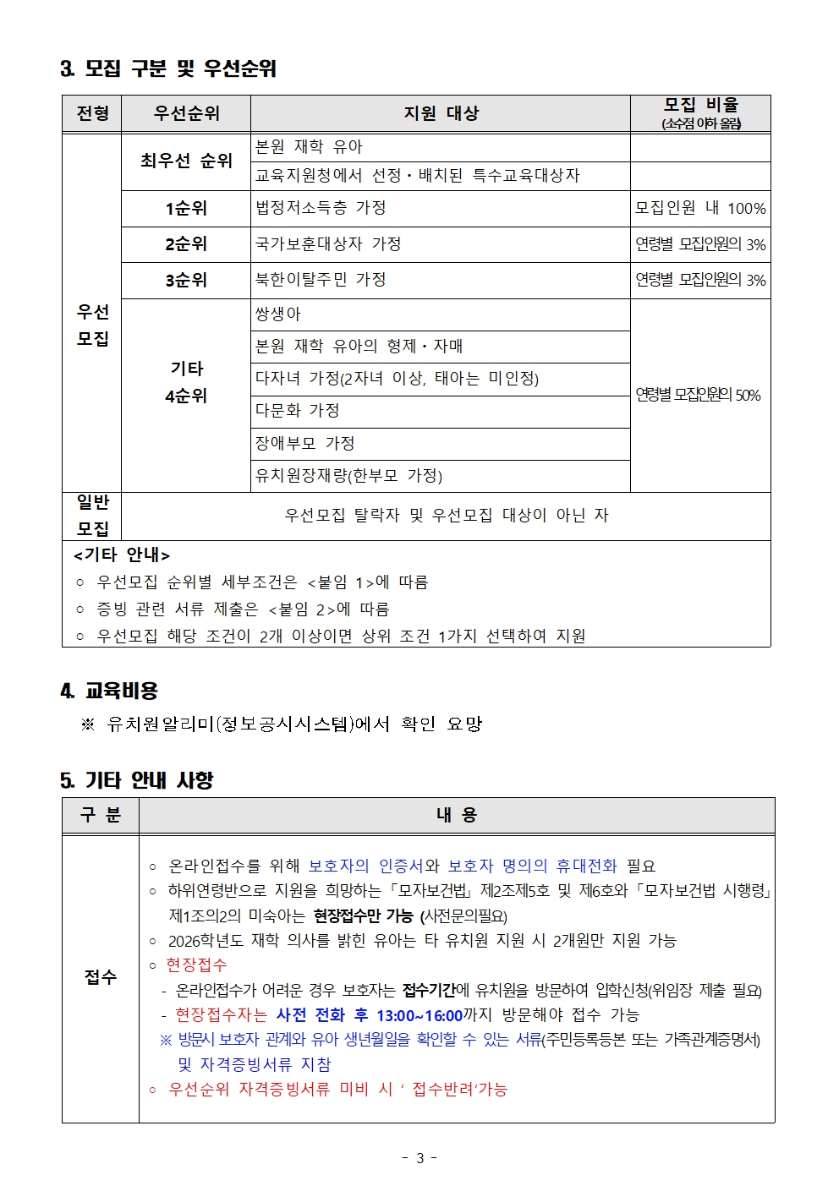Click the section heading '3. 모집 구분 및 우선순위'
[168, 68]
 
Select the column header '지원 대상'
[441, 113]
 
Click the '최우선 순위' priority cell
[186, 161]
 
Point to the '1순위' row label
[186, 208]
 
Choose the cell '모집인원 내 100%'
[700, 208]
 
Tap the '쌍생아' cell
[278, 314]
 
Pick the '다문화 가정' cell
[298, 411]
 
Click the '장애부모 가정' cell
[304, 443]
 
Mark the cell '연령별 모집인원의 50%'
[699, 395]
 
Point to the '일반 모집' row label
[92, 516]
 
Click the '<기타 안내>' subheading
[122, 555]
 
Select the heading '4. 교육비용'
[109, 691]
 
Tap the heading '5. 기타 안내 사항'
[137, 780]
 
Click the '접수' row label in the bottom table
[100, 977]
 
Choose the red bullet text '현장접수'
[196, 965]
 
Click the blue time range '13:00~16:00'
[419, 1015]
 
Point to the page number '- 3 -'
[419, 1158]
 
